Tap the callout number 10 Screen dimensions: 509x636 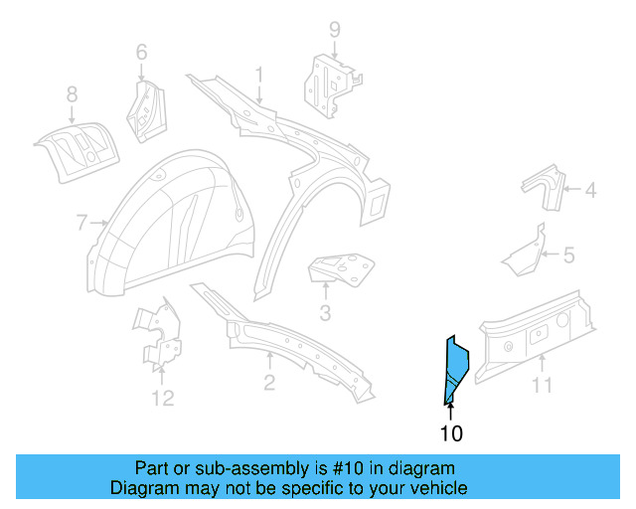(450, 433)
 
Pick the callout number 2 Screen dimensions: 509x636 (269, 384)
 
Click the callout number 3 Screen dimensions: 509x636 (325, 317)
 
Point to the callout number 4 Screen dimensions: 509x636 (589, 189)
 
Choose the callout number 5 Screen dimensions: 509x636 (568, 255)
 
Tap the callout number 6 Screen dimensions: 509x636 (141, 52)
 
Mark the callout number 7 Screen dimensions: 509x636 (81, 223)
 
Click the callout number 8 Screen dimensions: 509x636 (72, 94)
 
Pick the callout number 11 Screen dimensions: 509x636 (541, 385)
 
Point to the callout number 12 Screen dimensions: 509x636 (162, 399)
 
